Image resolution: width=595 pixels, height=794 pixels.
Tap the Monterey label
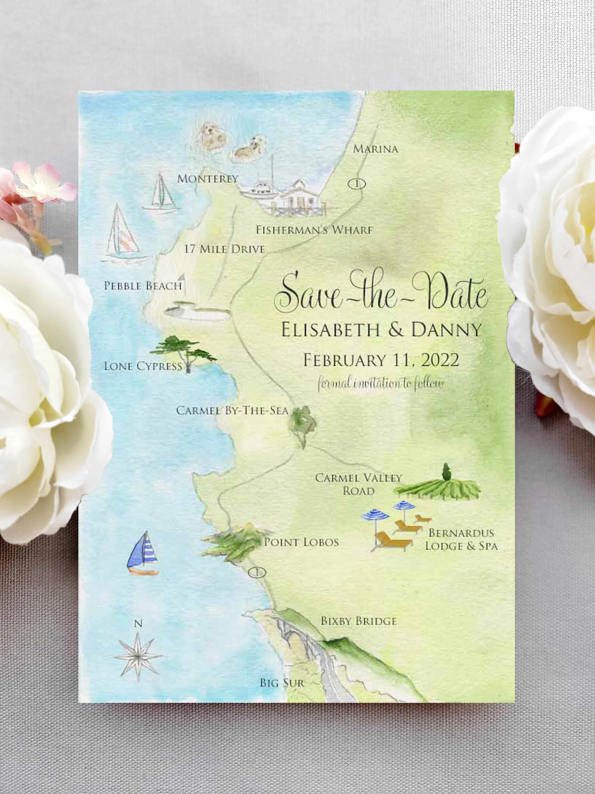click(x=208, y=178)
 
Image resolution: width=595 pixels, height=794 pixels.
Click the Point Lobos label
click(x=301, y=542)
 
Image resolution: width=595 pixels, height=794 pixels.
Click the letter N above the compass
click(x=138, y=624)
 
